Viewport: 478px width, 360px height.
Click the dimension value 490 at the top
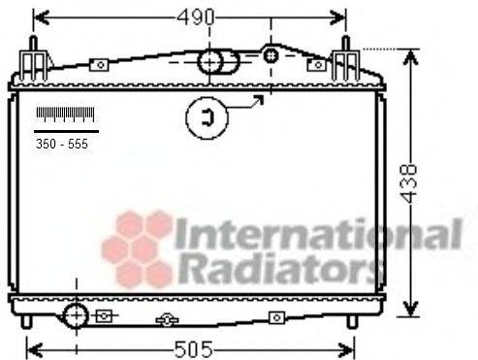(x=190, y=16)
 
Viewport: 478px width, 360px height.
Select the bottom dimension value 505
(x=194, y=348)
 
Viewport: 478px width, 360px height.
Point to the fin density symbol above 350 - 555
(x=66, y=115)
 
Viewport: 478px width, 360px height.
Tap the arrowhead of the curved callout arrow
(x=263, y=96)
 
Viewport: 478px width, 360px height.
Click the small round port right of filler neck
(x=271, y=55)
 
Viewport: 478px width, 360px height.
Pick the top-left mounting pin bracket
(x=33, y=60)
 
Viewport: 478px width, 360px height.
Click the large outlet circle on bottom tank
(x=75, y=316)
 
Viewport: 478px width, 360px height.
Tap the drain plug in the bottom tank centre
(x=167, y=319)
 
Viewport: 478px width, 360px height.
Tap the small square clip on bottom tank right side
(x=277, y=317)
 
